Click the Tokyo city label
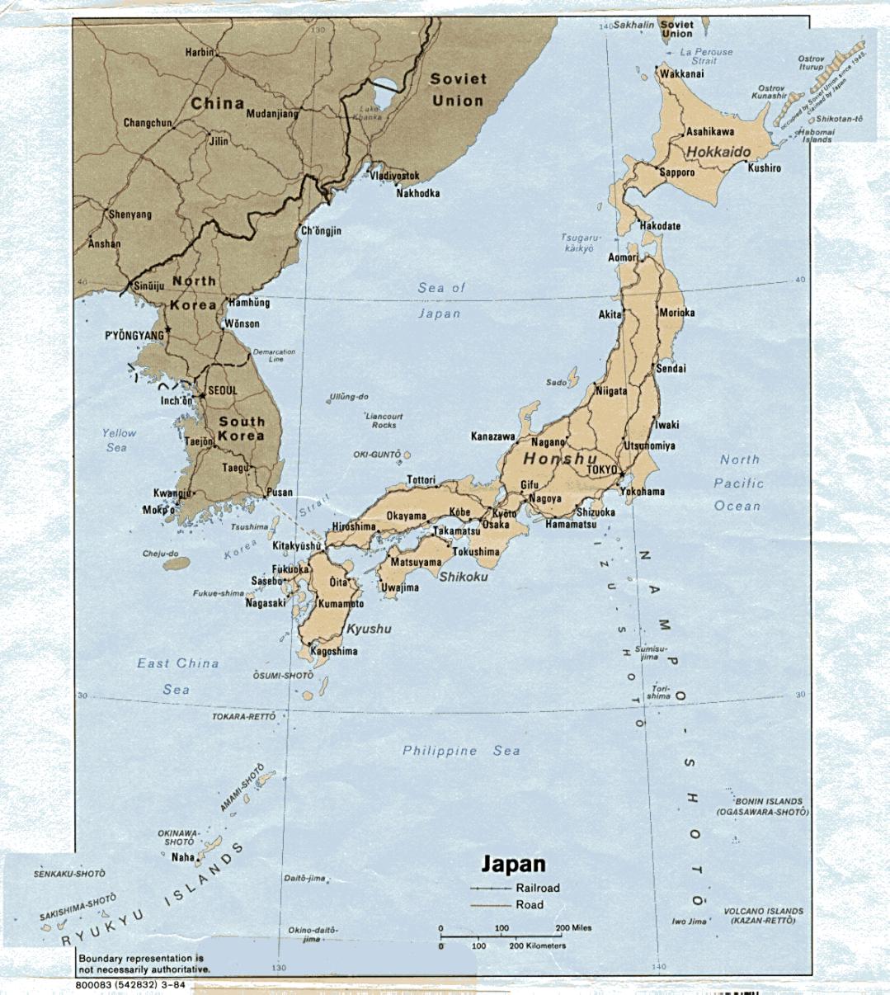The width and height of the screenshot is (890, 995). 601,469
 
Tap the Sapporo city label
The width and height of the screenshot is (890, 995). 676,172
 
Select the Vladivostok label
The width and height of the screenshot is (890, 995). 394,176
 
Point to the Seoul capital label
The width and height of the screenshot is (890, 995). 223,390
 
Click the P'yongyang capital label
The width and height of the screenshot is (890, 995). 134,336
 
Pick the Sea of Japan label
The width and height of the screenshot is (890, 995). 440,300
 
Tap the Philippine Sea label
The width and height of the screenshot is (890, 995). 460,751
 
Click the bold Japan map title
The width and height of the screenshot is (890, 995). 513,864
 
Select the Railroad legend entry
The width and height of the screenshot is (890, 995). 537,889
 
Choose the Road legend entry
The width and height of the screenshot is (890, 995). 529,905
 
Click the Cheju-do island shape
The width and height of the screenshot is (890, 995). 177,564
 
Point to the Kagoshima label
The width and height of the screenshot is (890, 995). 334,651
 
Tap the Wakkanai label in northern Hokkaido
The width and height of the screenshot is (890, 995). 681,73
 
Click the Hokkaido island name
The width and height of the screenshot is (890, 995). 718,152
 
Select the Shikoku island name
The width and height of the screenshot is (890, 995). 463,577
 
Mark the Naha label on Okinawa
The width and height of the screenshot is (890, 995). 182,857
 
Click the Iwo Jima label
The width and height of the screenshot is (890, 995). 689,922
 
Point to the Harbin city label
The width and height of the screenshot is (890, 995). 199,52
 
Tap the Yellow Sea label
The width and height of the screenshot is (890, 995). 118,440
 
